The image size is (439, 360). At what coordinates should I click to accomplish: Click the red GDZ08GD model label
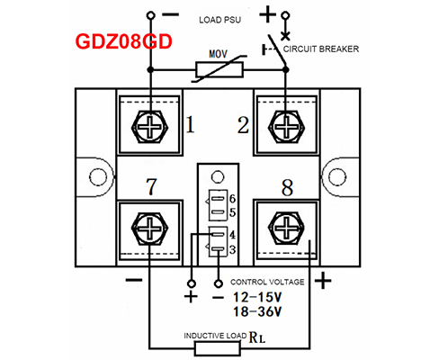point(123,41)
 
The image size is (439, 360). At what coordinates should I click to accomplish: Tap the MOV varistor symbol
point(219,69)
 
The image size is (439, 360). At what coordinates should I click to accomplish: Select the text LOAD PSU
point(219,20)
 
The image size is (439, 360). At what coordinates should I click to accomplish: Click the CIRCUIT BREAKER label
point(321,49)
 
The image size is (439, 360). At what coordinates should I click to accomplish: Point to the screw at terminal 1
point(150,126)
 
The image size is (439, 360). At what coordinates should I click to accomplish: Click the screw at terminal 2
point(286,126)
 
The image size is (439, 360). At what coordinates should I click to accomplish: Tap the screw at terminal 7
point(150,229)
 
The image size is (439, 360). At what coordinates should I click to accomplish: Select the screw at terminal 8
point(286,229)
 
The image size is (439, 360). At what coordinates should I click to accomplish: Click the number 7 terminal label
point(151,186)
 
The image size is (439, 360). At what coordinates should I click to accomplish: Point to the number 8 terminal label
point(287,188)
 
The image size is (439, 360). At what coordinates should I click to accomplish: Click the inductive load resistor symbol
point(218,348)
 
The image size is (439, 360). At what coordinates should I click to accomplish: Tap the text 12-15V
point(257,297)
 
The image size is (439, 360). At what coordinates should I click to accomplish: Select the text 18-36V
point(257,311)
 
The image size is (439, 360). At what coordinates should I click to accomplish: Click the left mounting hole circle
point(98,176)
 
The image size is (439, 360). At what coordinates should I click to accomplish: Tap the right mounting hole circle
point(337,176)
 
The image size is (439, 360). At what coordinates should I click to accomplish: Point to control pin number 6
point(232,199)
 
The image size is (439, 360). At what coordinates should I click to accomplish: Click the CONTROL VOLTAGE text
point(267,282)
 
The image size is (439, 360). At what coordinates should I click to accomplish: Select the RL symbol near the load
point(257,337)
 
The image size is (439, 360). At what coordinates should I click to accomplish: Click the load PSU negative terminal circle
point(151,15)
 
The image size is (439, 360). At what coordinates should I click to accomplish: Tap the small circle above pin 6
point(218,177)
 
